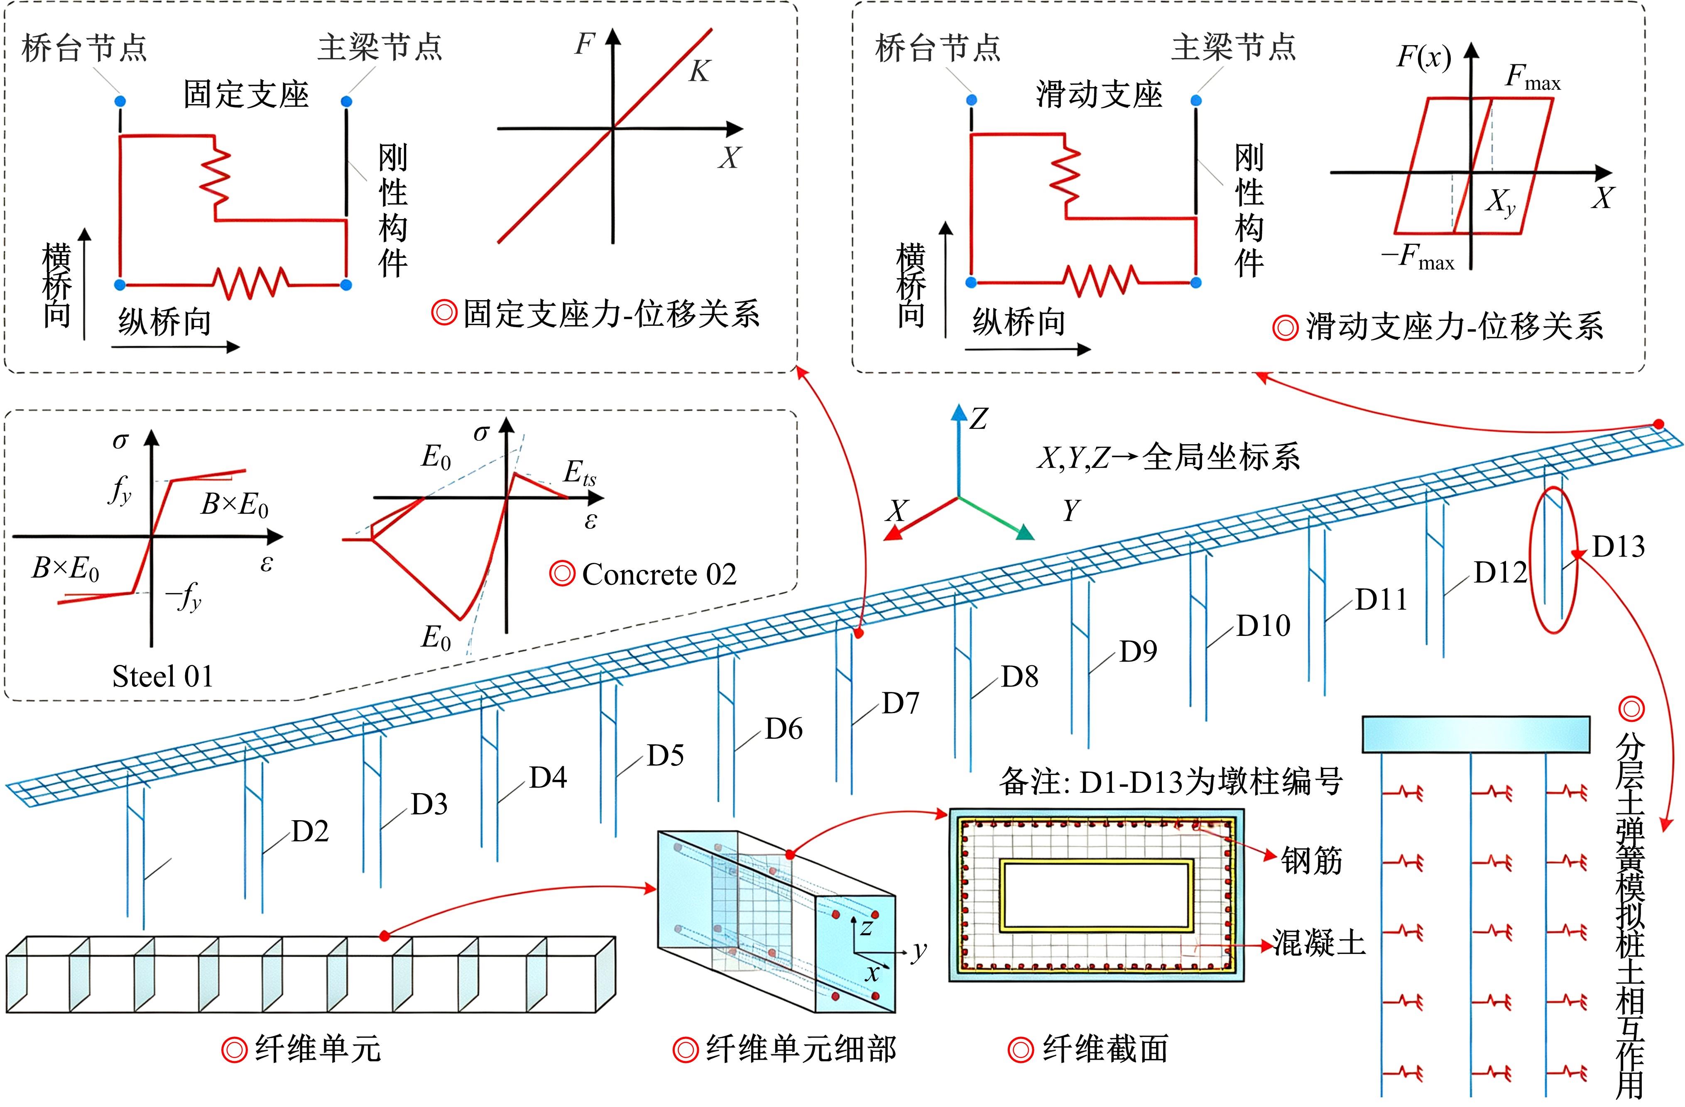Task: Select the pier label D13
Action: coord(1619,546)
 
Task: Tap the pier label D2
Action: coord(310,831)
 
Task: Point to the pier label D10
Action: coord(1263,626)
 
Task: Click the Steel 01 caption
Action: coord(163,676)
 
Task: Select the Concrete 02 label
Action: coord(659,574)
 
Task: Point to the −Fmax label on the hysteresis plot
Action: coord(1417,256)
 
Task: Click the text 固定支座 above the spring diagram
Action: coord(246,94)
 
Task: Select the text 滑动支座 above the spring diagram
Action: coord(1100,94)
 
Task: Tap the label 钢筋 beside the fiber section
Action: coord(1311,861)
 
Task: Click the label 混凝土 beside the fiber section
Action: coord(1319,942)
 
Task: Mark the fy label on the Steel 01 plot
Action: coord(120,490)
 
